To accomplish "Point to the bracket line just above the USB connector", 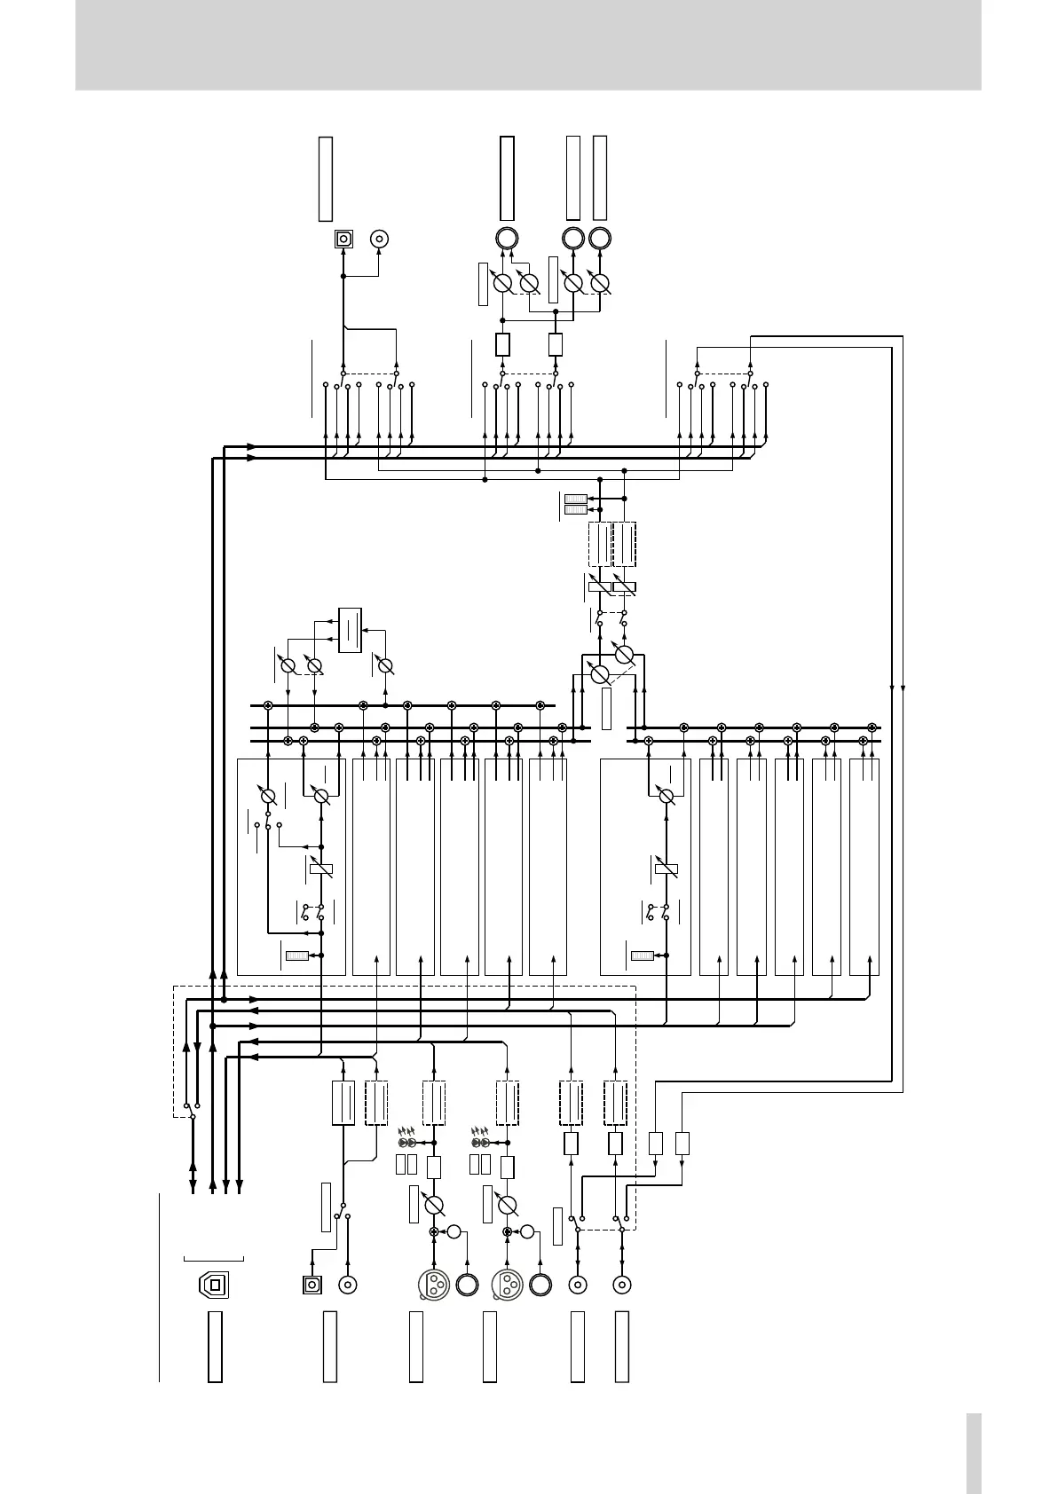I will [x=213, y=1258].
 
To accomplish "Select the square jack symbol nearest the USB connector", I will [x=312, y=1284].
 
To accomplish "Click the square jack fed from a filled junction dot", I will [x=343, y=239].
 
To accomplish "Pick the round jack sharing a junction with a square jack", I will [x=380, y=239].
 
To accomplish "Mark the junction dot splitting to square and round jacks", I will [x=343, y=276].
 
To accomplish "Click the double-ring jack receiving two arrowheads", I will [x=507, y=239].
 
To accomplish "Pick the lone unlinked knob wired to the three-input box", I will [x=384, y=665].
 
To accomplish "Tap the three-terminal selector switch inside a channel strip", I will [x=268, y=825].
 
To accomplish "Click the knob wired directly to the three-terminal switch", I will [x=268, y=795].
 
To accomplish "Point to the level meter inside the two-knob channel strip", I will [x=296, y=955].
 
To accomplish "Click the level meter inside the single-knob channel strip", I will [x=642, y=955].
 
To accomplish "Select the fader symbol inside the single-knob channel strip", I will [x=667, y=868].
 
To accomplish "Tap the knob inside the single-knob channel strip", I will [x=667, y=796].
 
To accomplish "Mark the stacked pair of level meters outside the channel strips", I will [x=576, y=503].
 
